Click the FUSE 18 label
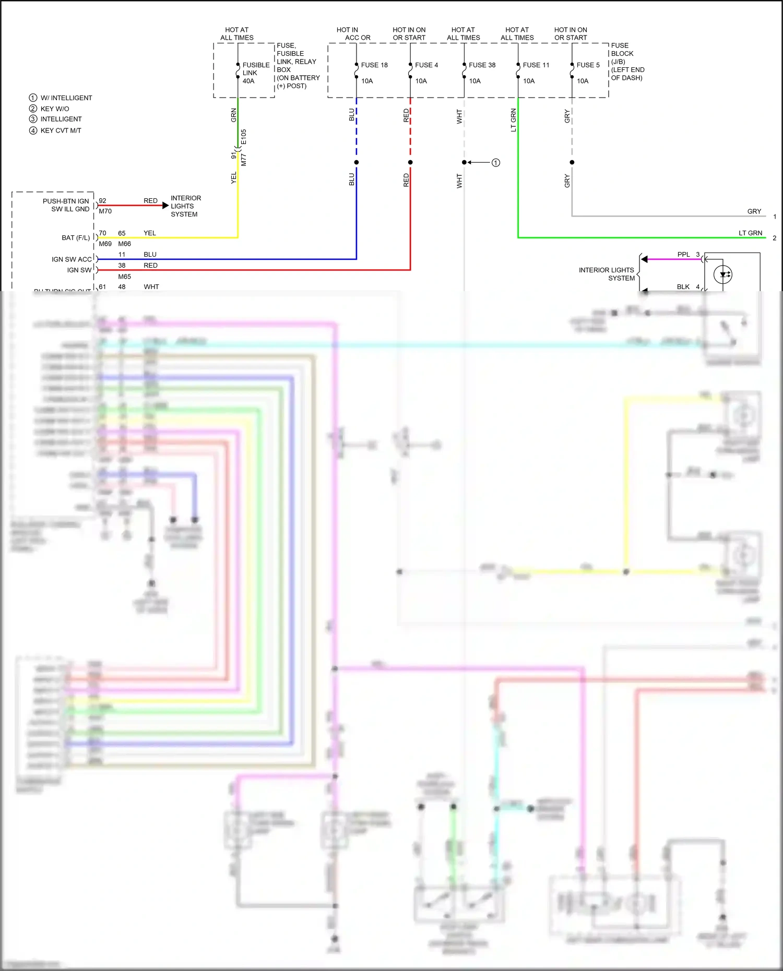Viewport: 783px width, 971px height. click(374, 65)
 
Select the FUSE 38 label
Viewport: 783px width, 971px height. click(482, 65)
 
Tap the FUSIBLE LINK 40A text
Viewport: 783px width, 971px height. click(255, 73)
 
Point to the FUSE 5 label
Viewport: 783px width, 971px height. click(588, 65)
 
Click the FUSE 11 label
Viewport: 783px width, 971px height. click(536, 65)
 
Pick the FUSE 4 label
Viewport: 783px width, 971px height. click(426, 65)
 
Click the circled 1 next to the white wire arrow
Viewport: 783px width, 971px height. click(496, 163)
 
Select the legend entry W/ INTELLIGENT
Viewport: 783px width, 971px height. click(66, 98)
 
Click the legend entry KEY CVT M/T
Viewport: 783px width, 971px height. click(61, 130)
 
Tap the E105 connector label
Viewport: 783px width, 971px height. click(244, 137)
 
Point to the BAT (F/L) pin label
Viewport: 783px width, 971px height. click(76, 238)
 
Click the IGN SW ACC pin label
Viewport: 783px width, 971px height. click(72, 259)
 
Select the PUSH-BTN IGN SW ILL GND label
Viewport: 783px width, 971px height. click(66, 205)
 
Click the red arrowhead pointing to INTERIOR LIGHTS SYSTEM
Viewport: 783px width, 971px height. click(165, 206)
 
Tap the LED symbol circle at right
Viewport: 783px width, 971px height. click(723, 274)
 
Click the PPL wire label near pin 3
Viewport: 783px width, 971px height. click(683, 255)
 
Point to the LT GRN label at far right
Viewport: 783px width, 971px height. click(750, 233)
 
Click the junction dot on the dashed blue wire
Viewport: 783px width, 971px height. click(357, 162)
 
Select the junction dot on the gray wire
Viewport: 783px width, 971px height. click(572, 162)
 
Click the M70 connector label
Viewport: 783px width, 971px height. click(105, 211)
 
